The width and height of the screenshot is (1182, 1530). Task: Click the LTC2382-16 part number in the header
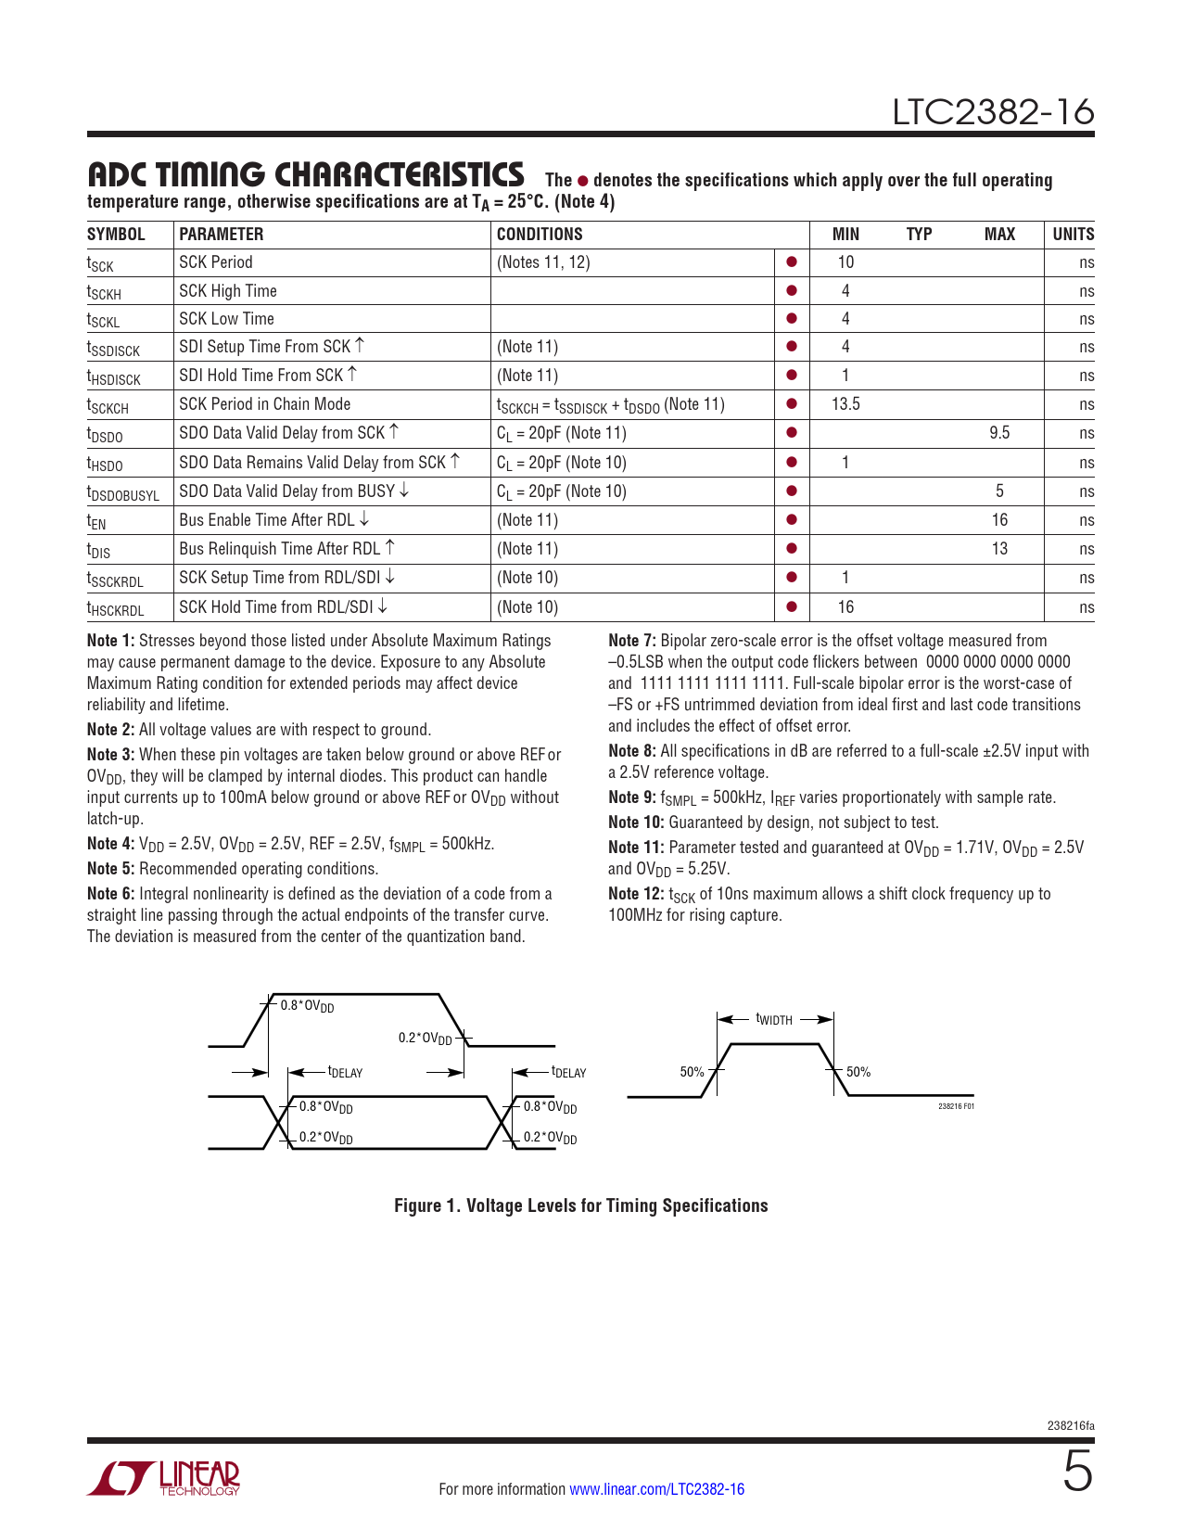tap(993, 112)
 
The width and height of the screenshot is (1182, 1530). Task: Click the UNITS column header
tap(1073, 234)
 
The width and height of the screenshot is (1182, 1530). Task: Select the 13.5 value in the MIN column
tap(845, 403)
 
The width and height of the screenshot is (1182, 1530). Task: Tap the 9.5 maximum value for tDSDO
tap(999, 432)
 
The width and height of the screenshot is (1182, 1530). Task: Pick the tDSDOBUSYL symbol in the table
tap(123, 493)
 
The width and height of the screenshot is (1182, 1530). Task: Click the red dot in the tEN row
tap(792, 519)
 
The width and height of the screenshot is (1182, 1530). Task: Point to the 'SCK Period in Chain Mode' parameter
tap(265, 403)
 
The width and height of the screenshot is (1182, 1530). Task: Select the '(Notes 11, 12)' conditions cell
tap(543, 261)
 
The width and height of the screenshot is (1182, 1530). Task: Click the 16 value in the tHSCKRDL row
tap(845, 606)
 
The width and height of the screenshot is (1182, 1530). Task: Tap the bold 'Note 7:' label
tap(631, 640)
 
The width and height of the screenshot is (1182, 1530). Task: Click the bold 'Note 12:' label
tap(636, 894)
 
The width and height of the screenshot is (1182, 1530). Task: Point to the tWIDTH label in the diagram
tap(774, 1019)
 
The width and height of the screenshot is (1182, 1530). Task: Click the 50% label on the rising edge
tap(692, 1072)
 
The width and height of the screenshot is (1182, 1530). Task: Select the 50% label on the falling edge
tap(858, 1072)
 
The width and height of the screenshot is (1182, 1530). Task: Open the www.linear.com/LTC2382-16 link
tap(657, 1488)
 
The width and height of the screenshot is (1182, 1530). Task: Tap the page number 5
tap(1078, 1471)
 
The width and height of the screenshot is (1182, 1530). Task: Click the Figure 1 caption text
tap(580, 1205)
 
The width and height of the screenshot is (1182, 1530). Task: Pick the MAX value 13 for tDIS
tap(999, 548)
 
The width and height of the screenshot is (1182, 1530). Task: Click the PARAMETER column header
tap(221, 234)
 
